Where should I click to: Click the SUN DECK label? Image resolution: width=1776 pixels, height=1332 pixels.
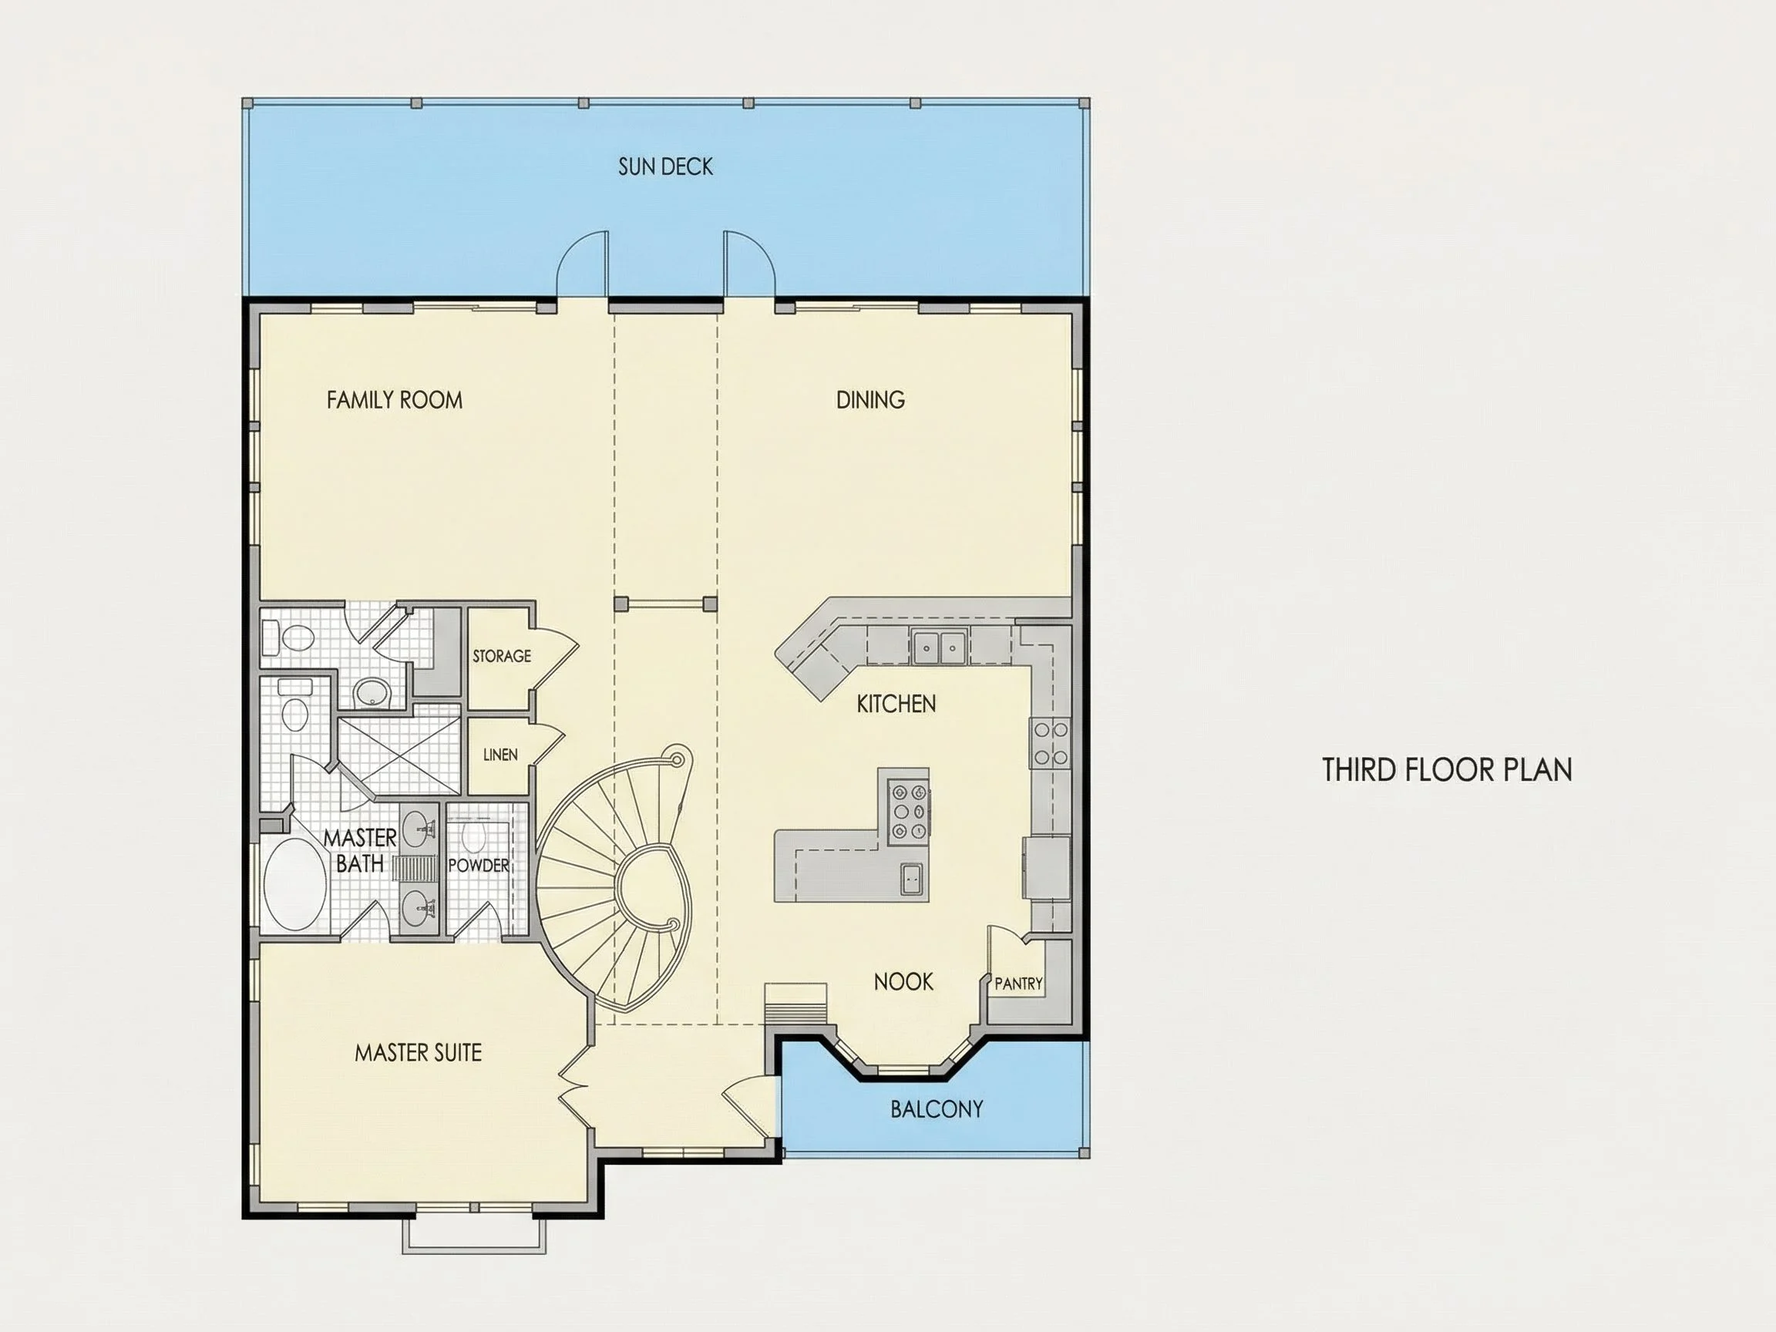(665, 166)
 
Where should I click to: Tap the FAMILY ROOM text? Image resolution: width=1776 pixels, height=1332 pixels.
(394, 400)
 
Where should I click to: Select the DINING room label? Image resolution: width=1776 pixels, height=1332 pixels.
(870, 400)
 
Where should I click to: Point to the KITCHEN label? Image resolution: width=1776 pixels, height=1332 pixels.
(896, 704)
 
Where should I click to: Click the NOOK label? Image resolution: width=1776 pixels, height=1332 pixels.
(903, 981)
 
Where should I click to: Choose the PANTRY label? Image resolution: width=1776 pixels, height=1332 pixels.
(1018, 984)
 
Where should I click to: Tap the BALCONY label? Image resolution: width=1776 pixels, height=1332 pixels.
(936, 1108)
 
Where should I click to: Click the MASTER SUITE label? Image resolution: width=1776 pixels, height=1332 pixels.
(419, 1053)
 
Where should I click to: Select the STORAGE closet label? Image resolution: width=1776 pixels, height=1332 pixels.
(502, 656)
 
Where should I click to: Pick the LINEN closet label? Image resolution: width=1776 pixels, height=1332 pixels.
(500, 755)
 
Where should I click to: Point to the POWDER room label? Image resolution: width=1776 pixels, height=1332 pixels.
(479, 866)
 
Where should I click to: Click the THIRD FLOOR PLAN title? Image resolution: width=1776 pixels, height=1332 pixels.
(1447, 770)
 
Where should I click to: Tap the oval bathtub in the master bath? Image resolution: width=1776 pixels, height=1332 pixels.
(294, 885)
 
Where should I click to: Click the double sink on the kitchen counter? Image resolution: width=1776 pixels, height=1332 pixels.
(939, 644)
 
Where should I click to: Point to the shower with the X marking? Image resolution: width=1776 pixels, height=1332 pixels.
(399, 755)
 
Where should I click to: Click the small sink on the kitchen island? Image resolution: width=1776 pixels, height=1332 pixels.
(911, 879)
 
